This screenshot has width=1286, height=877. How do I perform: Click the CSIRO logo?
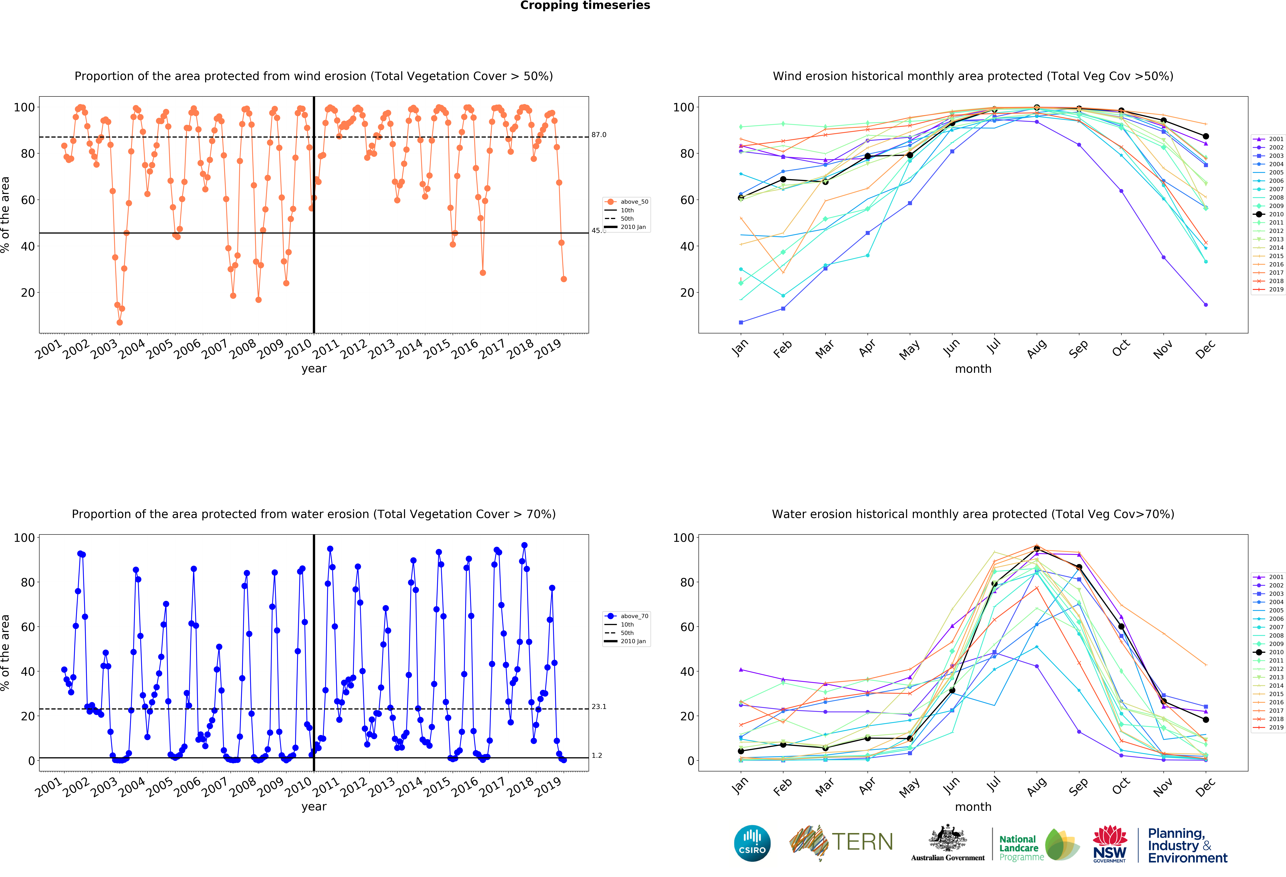752,843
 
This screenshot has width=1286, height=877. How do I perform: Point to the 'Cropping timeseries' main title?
585,5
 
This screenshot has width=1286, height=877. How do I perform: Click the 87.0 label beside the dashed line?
599,135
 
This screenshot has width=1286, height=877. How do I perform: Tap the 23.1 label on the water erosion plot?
599,706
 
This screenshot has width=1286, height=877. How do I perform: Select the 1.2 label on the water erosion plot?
597,755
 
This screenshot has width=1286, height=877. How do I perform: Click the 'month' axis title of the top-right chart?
973,369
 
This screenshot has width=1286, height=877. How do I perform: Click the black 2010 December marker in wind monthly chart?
1206,136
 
